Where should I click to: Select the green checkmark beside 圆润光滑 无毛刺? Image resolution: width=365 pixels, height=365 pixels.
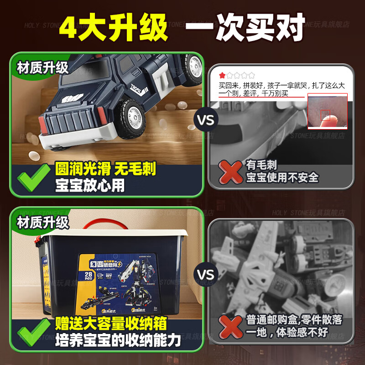[x=33, y=177]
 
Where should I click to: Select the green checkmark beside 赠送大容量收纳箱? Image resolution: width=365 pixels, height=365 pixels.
[x=33, y=332]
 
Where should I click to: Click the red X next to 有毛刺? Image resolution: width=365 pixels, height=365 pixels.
[x=231, y=171]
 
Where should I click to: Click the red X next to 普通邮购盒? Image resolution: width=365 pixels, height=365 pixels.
[x=231, y=326]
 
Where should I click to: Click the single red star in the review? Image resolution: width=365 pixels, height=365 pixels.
[x=222, y=75]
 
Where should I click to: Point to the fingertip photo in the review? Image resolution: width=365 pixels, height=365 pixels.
[x=327, y=111]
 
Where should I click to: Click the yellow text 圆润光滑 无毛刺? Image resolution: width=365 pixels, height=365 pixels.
[x=105, y=169]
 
